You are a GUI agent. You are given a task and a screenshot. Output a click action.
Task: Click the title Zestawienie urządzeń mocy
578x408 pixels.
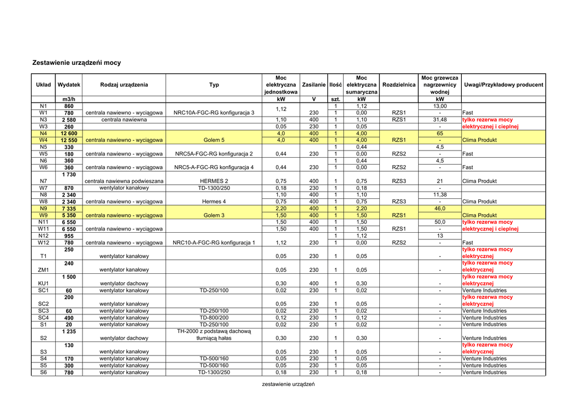77,63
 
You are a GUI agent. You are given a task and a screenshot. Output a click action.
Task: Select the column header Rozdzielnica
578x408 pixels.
399,85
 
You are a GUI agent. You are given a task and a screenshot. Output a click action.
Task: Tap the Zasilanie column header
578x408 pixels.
314,85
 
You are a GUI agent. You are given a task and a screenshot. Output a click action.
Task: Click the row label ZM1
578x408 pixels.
43,270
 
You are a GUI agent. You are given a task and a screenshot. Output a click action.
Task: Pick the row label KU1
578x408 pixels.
43,283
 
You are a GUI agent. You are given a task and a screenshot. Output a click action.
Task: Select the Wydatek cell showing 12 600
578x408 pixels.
68,134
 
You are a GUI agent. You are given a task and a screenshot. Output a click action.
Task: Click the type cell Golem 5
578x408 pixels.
214,140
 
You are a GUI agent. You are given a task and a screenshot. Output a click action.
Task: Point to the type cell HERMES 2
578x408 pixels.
214,181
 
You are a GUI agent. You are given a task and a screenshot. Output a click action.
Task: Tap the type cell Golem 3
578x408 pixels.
214,215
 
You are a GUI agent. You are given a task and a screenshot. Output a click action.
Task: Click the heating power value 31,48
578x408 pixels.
440,120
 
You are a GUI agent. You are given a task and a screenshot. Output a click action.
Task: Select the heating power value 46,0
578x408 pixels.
440,209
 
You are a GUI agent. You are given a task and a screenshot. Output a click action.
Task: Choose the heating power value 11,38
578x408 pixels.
440,195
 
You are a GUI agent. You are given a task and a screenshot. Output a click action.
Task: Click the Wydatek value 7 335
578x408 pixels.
68,209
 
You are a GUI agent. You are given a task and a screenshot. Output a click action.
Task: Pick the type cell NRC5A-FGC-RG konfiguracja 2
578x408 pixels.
214,154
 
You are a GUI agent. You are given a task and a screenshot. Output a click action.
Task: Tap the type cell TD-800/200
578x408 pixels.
214,318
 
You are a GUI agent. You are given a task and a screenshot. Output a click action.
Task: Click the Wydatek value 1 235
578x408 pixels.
68,331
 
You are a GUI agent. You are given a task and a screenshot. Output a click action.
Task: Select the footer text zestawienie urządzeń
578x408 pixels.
288,384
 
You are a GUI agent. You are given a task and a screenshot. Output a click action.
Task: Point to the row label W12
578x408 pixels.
43,243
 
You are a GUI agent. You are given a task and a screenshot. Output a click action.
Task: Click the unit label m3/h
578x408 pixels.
68,100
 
